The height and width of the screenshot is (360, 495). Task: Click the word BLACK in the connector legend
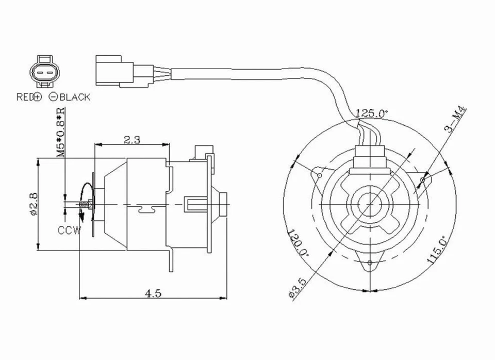point(74,97)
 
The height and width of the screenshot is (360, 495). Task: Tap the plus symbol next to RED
point(37,97)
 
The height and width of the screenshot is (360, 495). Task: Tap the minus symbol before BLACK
point(53,97)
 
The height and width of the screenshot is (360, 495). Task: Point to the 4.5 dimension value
point(153,293)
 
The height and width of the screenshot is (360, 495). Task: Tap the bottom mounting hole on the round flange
point(370,264)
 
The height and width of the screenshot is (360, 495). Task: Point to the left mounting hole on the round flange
point(320,176)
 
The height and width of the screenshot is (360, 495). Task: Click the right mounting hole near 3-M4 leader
point(423,179)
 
